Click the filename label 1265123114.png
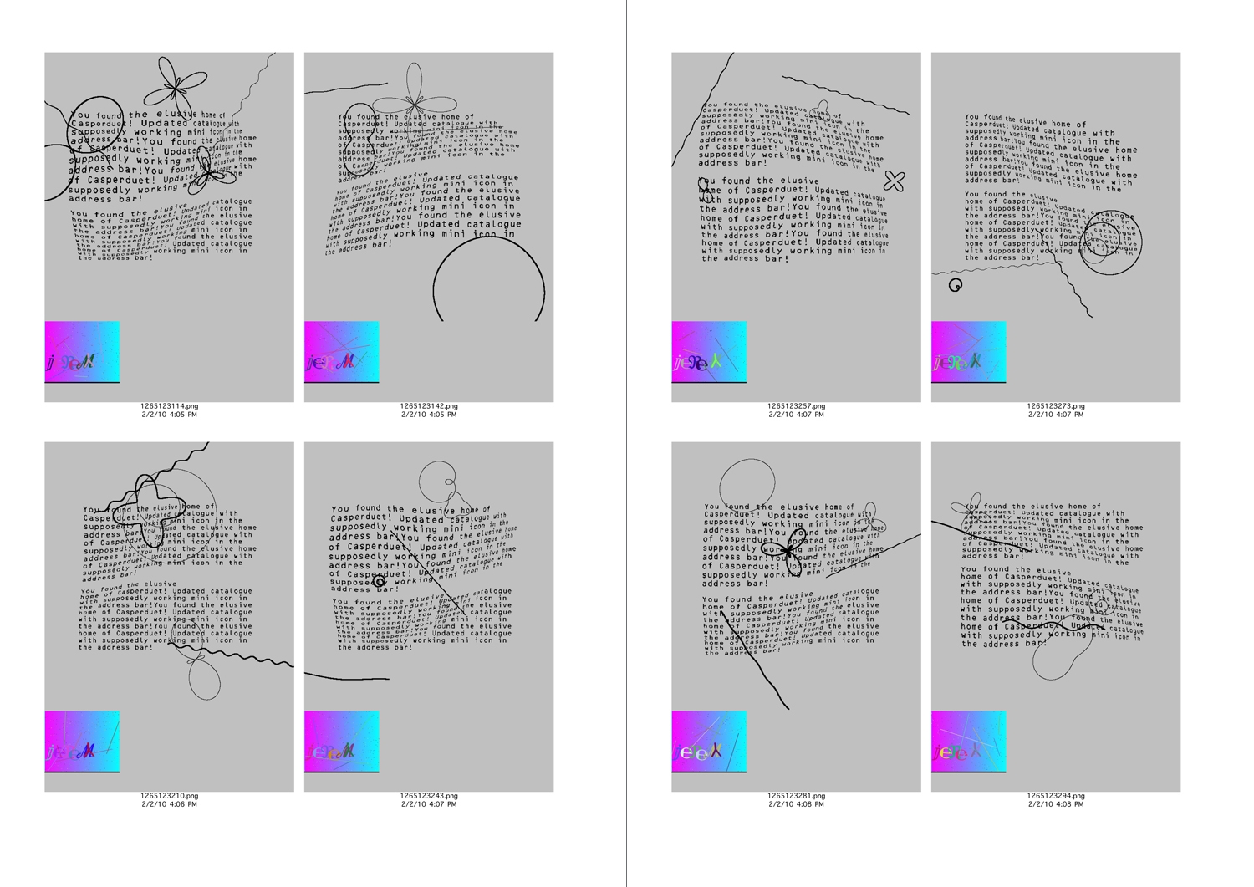(x=170, y=406)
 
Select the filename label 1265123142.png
(x=429, y=406)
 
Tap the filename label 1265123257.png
(x=796, y=406)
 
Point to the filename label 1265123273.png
(x=1056, y=406)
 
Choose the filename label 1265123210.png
(x=170, y=796)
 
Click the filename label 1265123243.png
(x=429, y=796)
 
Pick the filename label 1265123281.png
(x=796, y=796)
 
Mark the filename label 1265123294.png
(x=1056, y=796)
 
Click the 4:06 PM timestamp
(x=170, y=804)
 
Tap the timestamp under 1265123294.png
(x=1056, y=804)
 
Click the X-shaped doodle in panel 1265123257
(x=895, y=181)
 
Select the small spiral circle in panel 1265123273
(x=956, y=285)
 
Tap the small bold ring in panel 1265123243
(x=380, y=581)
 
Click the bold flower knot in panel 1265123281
(x=788, y=551)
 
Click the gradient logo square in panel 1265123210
(x=82, y=742)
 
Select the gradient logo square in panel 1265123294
(x=968, y=742)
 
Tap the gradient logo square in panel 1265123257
(x=709, y=352)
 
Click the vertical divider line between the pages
(x=626, y=443)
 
